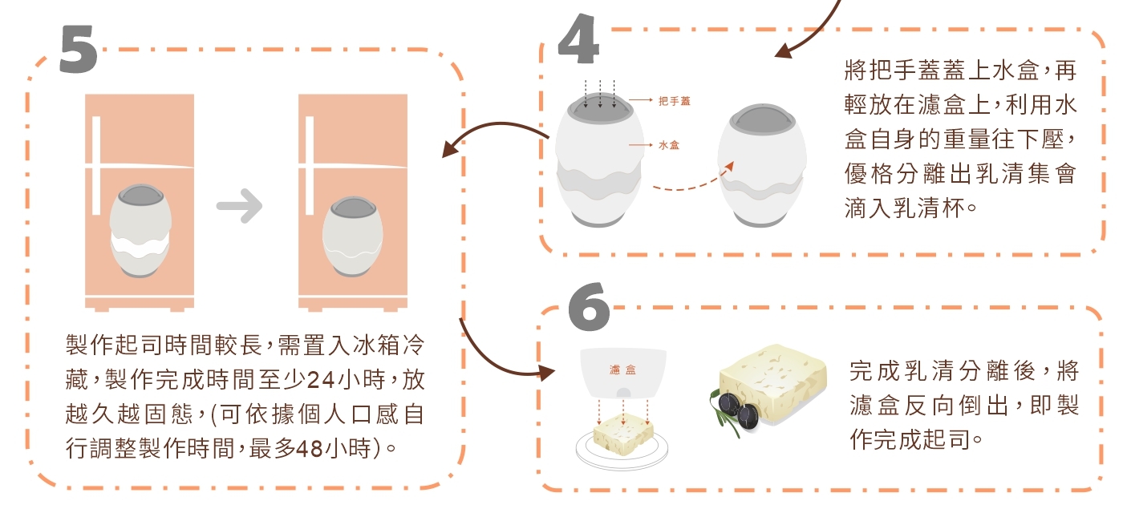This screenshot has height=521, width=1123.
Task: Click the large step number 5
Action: tap(79, 50)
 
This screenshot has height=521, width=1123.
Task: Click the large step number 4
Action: tap(578, 38)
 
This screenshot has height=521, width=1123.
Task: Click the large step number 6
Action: tap(589, 306)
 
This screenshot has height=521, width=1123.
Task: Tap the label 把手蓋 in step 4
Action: tap(675, 101)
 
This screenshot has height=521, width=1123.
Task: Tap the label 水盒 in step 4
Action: tap(669, 145)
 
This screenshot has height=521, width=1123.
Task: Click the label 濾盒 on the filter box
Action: tap(622, 370)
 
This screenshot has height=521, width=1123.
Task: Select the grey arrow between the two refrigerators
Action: tap(239, 205)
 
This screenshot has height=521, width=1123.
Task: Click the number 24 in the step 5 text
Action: tap(321, 380)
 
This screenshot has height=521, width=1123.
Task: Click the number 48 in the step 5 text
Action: tap(310, 449)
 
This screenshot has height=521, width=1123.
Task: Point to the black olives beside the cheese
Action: tap(738, 410)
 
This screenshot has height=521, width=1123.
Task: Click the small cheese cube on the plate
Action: tap(623, 434)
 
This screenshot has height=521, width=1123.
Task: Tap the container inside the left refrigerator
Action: tap(140, 231)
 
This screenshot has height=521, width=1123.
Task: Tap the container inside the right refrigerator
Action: tap(353, 236)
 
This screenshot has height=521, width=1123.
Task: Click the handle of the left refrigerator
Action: tap(96, 165)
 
